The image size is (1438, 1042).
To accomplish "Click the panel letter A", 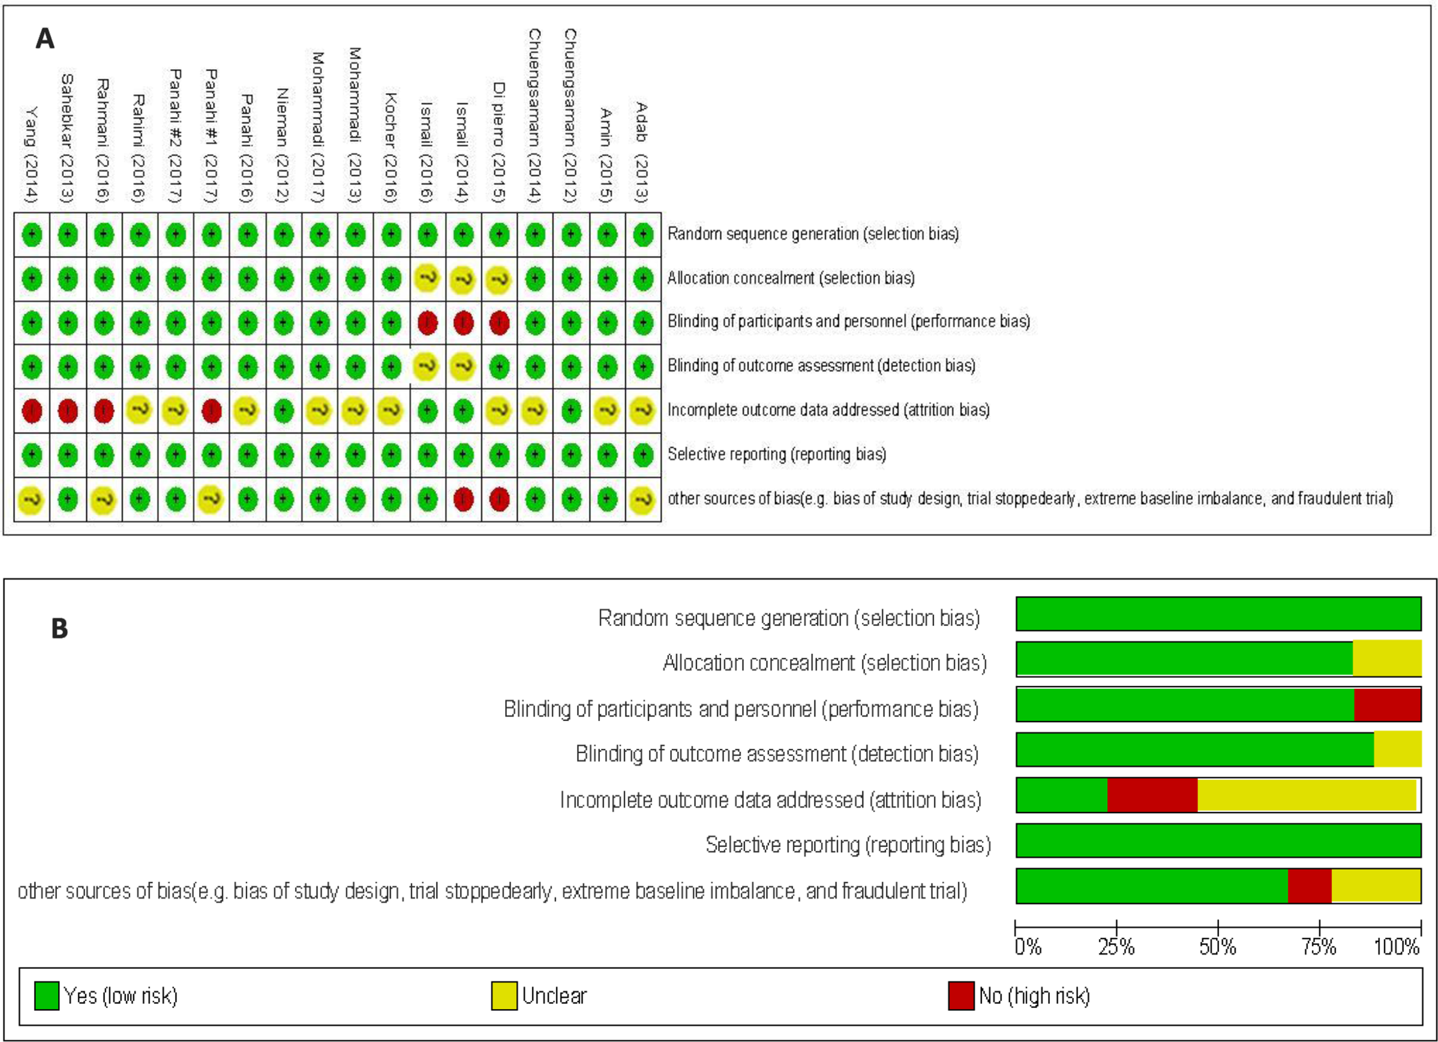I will coord(44,39).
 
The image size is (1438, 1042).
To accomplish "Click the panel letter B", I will coord(59,629).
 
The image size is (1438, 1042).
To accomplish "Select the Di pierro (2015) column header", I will coord(499,142).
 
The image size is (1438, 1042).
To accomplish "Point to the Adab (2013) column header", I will coord(642,152).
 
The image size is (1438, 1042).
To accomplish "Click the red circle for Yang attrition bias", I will coord(32,411).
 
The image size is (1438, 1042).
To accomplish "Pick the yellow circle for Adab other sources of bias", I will coord(642,500).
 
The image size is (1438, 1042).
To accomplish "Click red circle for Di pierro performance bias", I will coord(499,323).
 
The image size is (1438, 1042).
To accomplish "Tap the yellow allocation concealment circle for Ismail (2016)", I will coord(427,278).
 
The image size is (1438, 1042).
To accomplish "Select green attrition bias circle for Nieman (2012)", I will coord(284,411).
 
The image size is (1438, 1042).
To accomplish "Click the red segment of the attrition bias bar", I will coord(1152,795).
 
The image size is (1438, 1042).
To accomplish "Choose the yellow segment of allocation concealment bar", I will coord(1387,658).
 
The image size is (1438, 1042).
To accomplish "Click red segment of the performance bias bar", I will coord(1387,704).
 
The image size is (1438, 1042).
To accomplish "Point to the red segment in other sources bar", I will coord(1309,886).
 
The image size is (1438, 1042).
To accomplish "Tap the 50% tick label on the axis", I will coord(1217,948).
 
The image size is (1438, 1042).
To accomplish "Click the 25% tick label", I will coord(1116,948).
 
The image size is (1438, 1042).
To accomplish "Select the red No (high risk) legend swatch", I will coord(961,996).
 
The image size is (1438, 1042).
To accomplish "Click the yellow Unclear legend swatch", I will coord(503,996).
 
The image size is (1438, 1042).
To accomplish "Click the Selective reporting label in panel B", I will coord(848,845).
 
